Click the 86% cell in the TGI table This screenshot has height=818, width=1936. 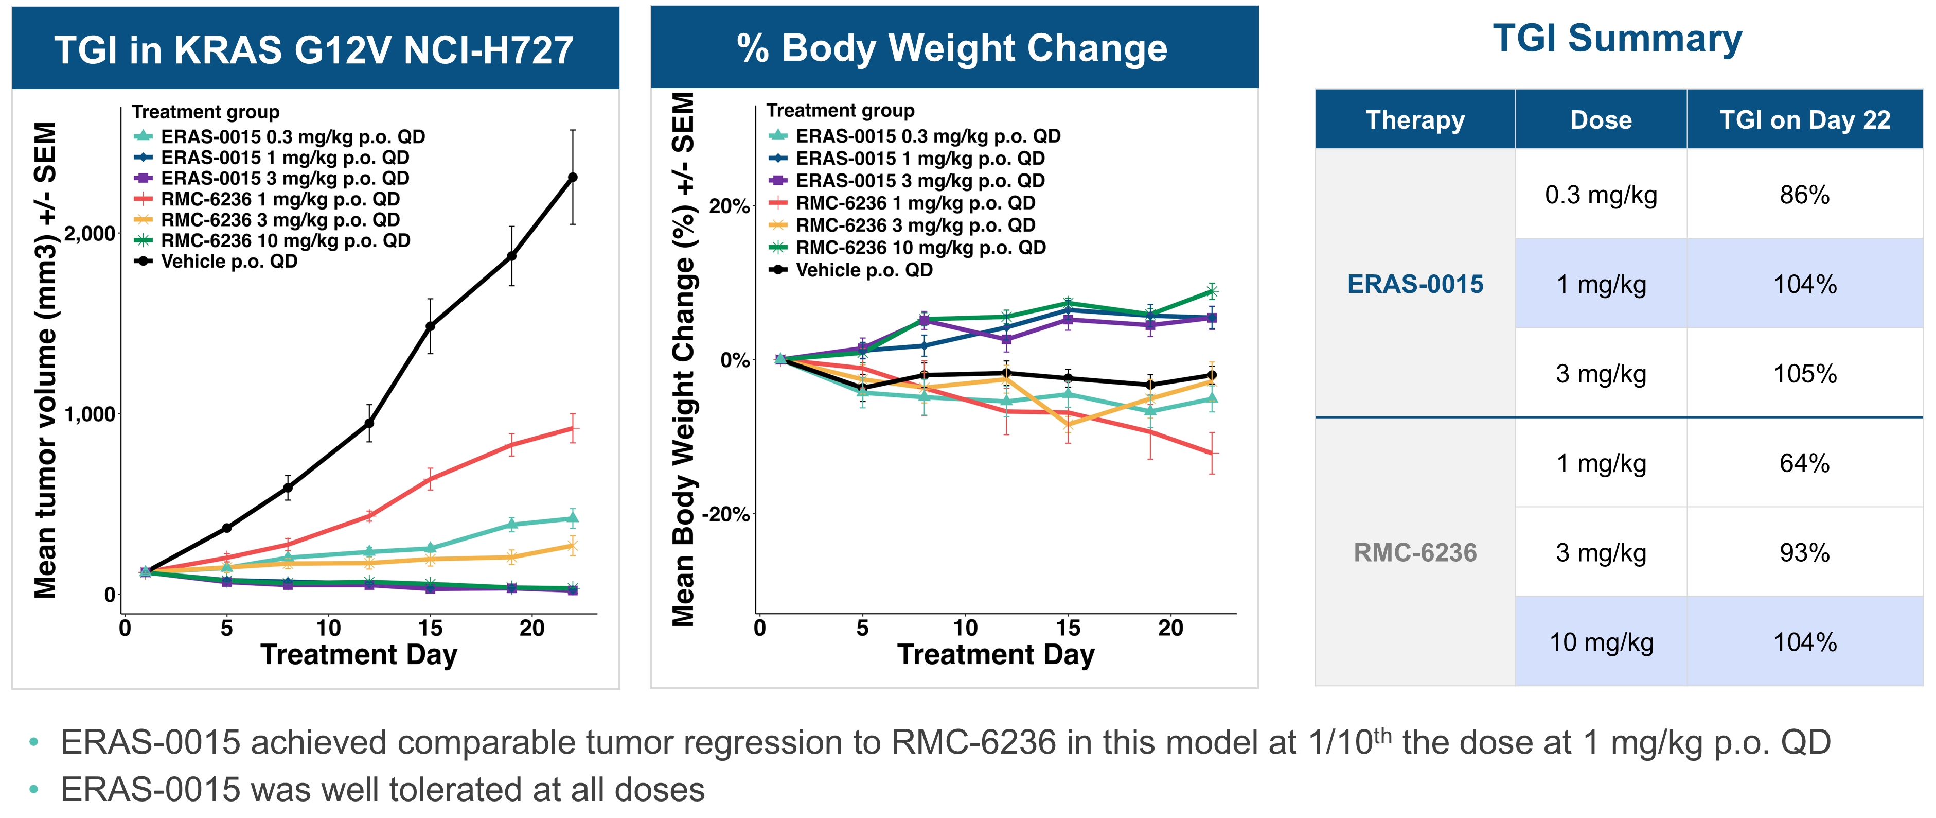click(x=1804, y=195)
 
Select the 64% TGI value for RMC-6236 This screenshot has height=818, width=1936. click(x=1804, y=463)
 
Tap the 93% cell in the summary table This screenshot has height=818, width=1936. click(x=1804, y=552)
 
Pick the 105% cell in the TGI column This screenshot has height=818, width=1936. click(x=1804, y=374)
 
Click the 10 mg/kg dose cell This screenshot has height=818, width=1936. click(x=1601, y=642)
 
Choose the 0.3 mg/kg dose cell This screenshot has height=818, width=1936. click(x=1601, y=195)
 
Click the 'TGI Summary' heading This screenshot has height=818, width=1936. click(x=1618, y=39)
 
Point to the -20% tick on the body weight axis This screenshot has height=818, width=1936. click(x=726, y=514)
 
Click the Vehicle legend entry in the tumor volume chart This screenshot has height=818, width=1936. click(x=228, y=262)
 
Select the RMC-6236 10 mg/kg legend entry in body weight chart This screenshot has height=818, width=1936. click(x=920, y=247)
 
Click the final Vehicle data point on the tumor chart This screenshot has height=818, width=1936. click(x=573, y=178)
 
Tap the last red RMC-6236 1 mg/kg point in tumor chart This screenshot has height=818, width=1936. click(x=573, y=428)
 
